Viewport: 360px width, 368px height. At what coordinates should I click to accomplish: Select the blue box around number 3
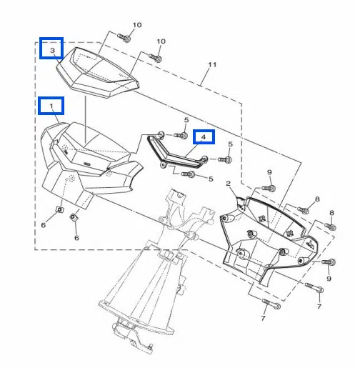(x=51, y=48)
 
